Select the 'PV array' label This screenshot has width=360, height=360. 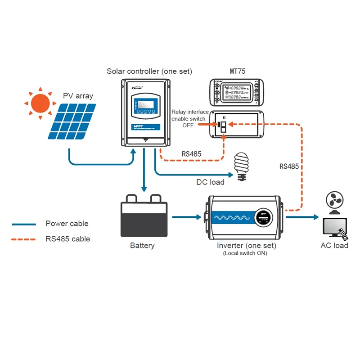pyautogui.click(x=78, y=96)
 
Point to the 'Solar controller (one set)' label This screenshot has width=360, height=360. pyautogui.click(x=149, y=71)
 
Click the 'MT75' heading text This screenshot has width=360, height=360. pyautogui.click(x=237, y=71)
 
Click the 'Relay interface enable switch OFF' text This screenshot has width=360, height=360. pyautogui.click(x=190, y=119)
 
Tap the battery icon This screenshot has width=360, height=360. pyautogui.click(x=144, y=217)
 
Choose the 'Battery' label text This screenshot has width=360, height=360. pyautogui.click(x=142, y=246)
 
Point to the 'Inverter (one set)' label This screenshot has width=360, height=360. pyautogui.click(x=246, y=246)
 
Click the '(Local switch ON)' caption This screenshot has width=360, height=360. pyautogui.click(x=245, y=253)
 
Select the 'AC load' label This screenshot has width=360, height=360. pyautogui.click(x=334, y=246)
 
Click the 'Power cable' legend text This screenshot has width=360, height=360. pyautogui.click(x=67, y=224)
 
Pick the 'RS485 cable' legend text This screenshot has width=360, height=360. pyautogui.click(x=68, y=239)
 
